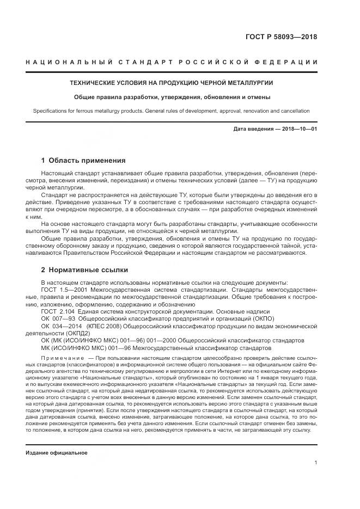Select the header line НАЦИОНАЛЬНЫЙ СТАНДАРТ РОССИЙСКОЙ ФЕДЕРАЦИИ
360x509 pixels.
click(172, 63)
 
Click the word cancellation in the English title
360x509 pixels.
click(295, 111)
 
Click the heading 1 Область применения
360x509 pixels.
click(83, 161)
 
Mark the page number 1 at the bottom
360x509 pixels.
click(315, 463)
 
